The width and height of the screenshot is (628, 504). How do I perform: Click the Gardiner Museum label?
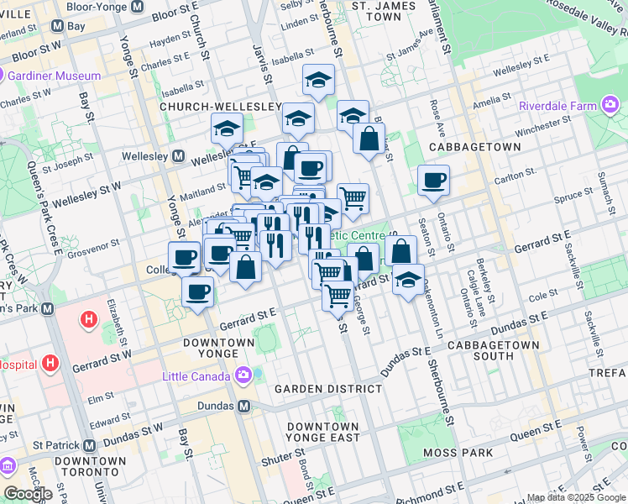[55, 76]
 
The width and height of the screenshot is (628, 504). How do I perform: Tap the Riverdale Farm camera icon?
[610, 106]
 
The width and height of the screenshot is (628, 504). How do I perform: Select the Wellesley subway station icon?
[178, 156]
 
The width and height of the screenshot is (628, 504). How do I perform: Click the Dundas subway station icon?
[244, 406]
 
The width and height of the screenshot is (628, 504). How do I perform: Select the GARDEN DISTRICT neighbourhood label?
[328, 389]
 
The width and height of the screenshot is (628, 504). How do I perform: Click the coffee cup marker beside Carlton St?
[433, 181]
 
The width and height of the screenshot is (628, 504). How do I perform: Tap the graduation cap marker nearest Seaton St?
[408, 281]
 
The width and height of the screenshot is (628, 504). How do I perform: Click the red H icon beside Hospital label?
[51, 363]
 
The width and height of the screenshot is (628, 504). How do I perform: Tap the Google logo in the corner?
[29, 494]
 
